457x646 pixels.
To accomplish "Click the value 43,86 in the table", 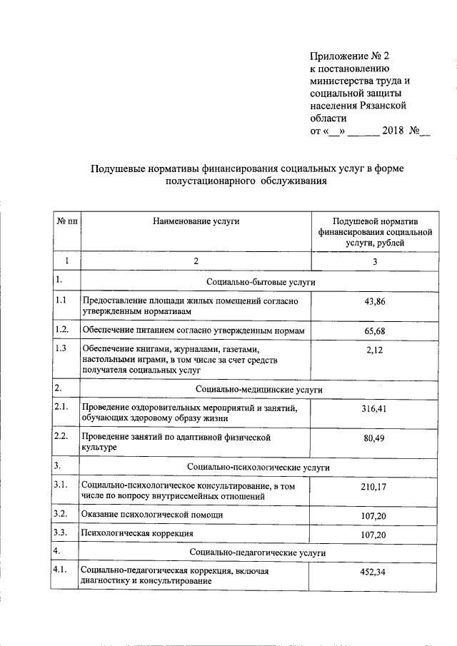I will coord(374,302).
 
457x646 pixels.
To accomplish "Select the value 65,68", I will coord(374,331).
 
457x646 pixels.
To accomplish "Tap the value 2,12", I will coord(374,349).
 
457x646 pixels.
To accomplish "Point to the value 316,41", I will coord(374,408).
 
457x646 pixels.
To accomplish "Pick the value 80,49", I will coord(374,438).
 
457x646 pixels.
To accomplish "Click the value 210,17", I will coord(374,488).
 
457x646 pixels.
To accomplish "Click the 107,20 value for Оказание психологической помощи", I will coord(374,515).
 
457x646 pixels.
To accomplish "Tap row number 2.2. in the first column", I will coord(61,435).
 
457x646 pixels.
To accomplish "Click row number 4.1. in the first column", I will coord(61,569).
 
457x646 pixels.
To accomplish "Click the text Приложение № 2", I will coord(351,56).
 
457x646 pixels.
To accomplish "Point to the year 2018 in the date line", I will coord(393,131).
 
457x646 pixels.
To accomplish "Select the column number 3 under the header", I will coord(374,262).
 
